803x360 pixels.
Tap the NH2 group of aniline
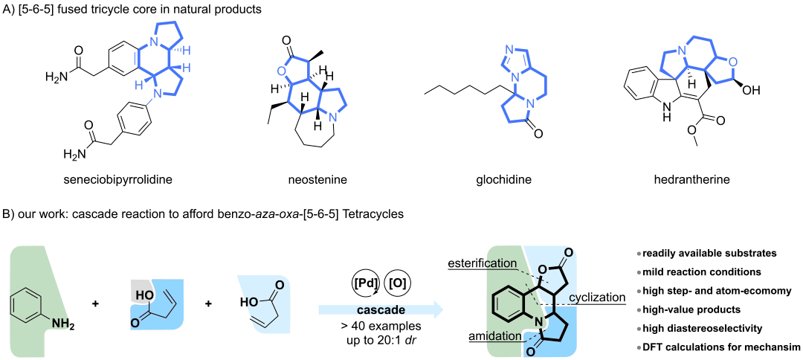63,324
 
